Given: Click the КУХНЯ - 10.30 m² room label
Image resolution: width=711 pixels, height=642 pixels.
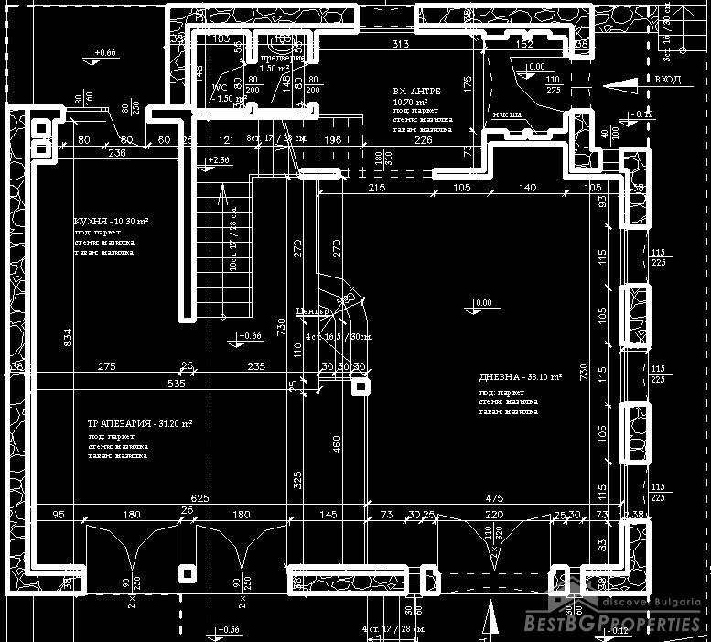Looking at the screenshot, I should coord(111,222).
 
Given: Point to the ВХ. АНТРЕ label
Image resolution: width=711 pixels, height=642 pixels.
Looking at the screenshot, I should coord(416,92).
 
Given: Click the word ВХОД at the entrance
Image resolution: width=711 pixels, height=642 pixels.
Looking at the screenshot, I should coord(667,81).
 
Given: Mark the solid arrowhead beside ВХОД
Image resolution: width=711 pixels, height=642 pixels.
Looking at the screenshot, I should coord(623,83).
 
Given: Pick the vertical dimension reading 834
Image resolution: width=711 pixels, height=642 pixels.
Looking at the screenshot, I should coord(65,338).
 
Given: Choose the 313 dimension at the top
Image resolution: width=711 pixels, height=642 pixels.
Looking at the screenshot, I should coord(399,44).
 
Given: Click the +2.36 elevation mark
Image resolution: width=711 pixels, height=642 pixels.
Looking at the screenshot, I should coord(219,160).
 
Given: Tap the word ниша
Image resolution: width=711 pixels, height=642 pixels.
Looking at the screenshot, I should coord(505,115).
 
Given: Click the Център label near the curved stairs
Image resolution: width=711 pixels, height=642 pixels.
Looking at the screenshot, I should coord(311,312).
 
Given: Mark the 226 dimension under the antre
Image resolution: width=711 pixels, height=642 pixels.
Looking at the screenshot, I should coord(423,140).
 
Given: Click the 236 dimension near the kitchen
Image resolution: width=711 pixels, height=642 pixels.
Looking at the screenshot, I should coord(117,154).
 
